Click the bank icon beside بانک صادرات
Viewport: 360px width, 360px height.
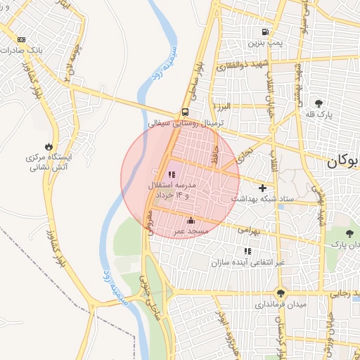[x=22, y=40]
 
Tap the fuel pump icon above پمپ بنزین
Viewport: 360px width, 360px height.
[x=265, y=32]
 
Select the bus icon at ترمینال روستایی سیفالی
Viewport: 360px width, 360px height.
[x=185, y=111]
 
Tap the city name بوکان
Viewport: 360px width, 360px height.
[x=342, y=162]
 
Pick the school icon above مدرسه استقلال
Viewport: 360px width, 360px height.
[x=171, y=175]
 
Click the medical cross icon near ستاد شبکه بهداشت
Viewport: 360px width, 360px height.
[x=263, y=188]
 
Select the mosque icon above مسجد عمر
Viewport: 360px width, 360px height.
[x=191, y=221]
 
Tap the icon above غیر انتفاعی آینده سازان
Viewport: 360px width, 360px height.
[x=247, y=251]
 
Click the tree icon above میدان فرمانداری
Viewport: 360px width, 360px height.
[x=281, y=294]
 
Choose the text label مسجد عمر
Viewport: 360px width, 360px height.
[x=191, y=231]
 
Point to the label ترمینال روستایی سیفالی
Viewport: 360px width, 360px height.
[x=186, y=122]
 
